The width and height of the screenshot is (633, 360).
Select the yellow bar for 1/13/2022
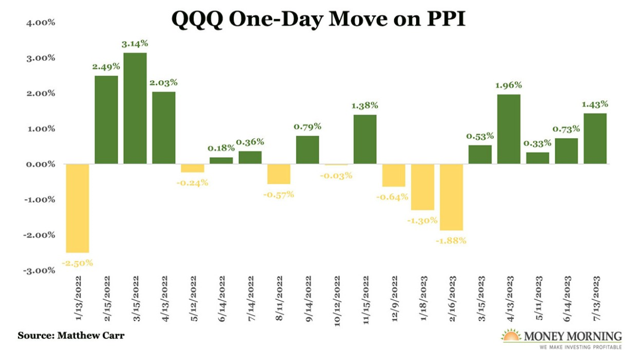tap(77, 208)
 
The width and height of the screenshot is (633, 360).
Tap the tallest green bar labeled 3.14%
tap(135, 108)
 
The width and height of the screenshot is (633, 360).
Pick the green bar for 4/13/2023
tap(509, 129)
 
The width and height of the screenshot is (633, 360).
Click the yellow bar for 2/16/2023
tap(451, 197)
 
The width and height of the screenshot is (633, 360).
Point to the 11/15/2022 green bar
tap(365, 139)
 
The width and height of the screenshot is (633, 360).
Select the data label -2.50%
tap(78, 262)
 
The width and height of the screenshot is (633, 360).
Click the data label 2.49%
tap(106, 67)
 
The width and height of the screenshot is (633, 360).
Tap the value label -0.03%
tap(336, 175)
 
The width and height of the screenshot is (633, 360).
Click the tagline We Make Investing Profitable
tap(576, 348)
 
